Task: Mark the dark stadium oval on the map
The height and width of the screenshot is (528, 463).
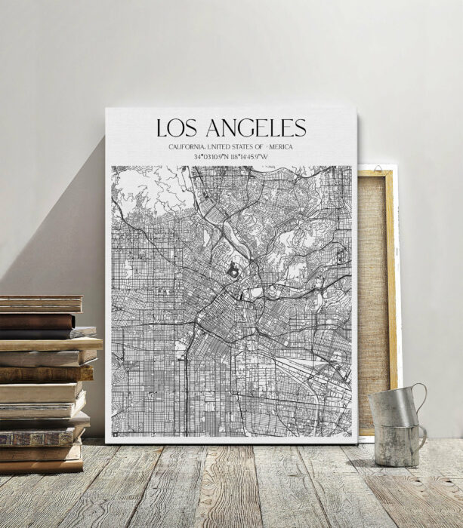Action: pos(234,269)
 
